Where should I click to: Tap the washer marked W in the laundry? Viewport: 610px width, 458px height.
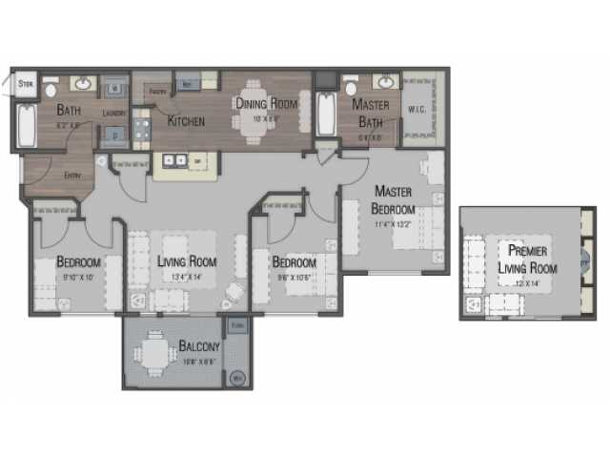point(114,88)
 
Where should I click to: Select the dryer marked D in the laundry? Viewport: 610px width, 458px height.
point(114,135)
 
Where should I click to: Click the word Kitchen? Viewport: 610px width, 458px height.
point(187,121)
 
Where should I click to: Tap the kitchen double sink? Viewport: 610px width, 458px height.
point(173,160)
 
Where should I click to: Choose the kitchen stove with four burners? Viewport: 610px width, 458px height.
point(141,129)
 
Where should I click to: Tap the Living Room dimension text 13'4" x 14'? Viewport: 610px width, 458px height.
point(187,278)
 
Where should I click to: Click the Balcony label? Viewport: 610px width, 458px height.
point(199,346)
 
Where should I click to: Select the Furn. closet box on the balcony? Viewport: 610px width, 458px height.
point(238,326)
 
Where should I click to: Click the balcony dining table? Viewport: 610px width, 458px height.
point(152,354)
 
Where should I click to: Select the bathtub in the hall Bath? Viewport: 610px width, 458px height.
point(28,126)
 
